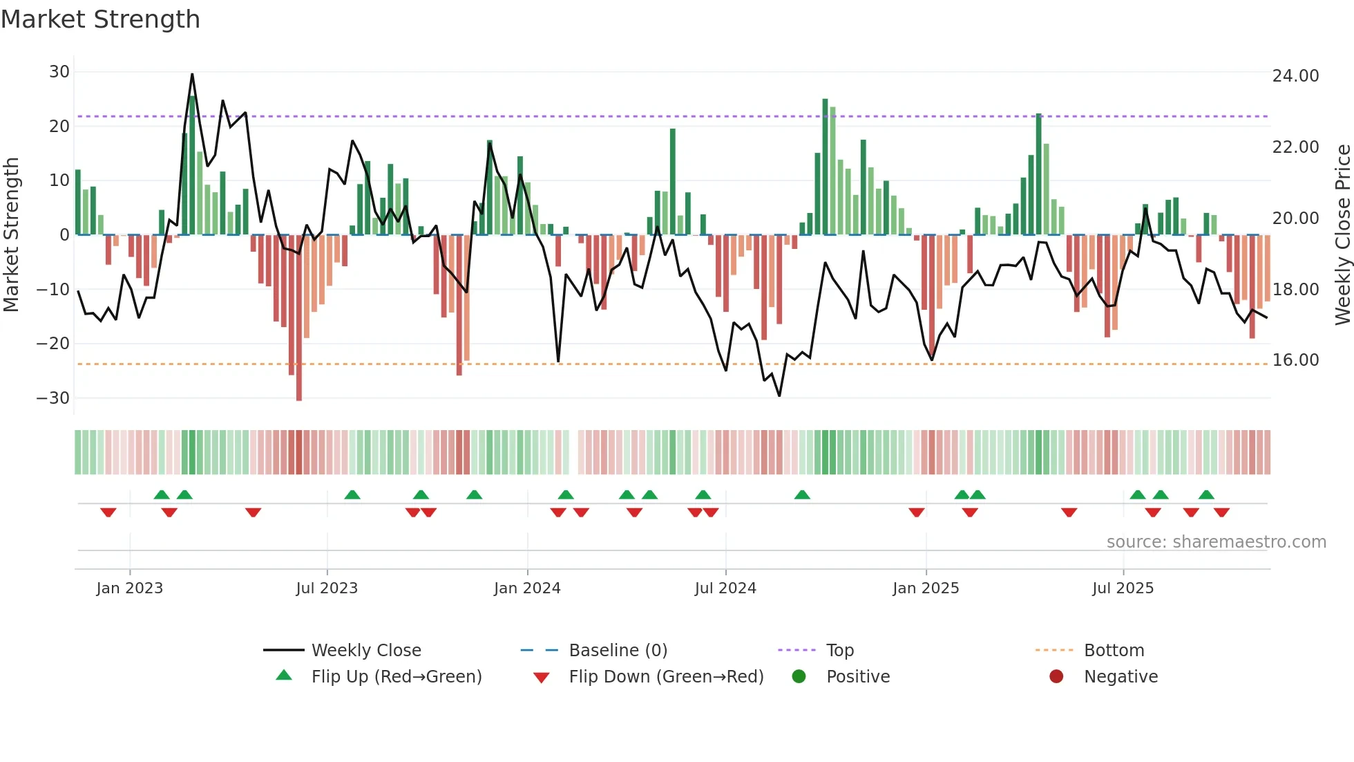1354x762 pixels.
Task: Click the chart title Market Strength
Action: click(100, 19)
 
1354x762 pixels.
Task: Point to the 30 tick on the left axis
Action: click(59, 72)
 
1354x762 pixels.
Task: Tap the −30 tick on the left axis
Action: click(53, 398)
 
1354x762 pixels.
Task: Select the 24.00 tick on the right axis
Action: click(1295, 76)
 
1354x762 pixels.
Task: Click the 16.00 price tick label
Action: click(1295, 360)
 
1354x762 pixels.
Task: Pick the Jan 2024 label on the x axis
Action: click(527, 588)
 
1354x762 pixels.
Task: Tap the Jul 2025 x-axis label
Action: click(1123, 588)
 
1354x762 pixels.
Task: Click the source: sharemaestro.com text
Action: click(1216, 542)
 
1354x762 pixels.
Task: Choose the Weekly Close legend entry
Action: click(365, 651)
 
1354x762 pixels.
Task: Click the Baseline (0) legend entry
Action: click(618, 651)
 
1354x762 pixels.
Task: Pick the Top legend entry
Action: click(839, 651)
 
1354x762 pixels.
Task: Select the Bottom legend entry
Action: click(1114, 651)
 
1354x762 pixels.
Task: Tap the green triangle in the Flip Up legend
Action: click(284, 676)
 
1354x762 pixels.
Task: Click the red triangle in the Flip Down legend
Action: click(542, 678)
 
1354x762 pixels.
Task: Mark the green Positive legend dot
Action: click(799, 676)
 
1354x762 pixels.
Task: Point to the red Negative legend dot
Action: click(1056, 676)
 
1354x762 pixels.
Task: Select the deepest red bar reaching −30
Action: click(298, 318)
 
